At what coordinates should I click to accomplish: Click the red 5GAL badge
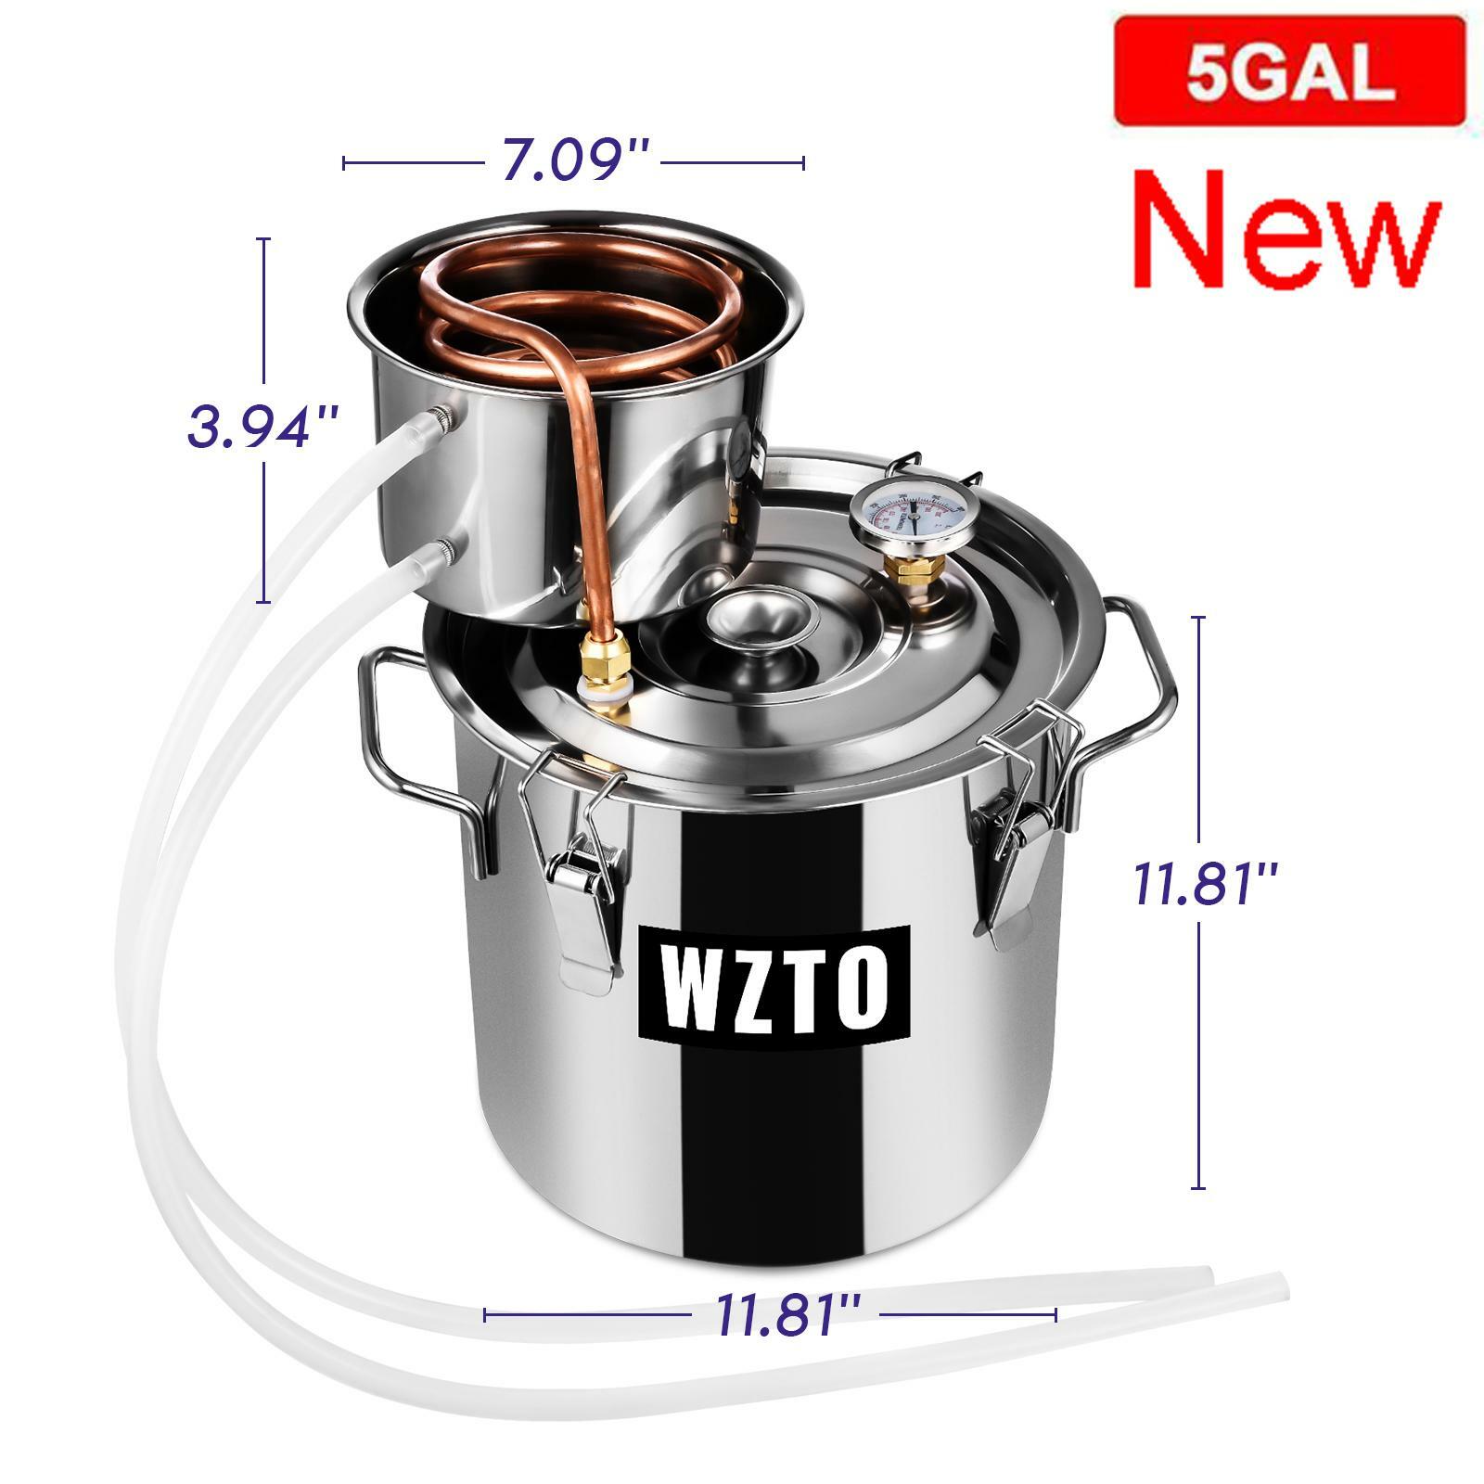click(1289, 72)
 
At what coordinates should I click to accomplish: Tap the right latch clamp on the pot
click(1020, 816)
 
